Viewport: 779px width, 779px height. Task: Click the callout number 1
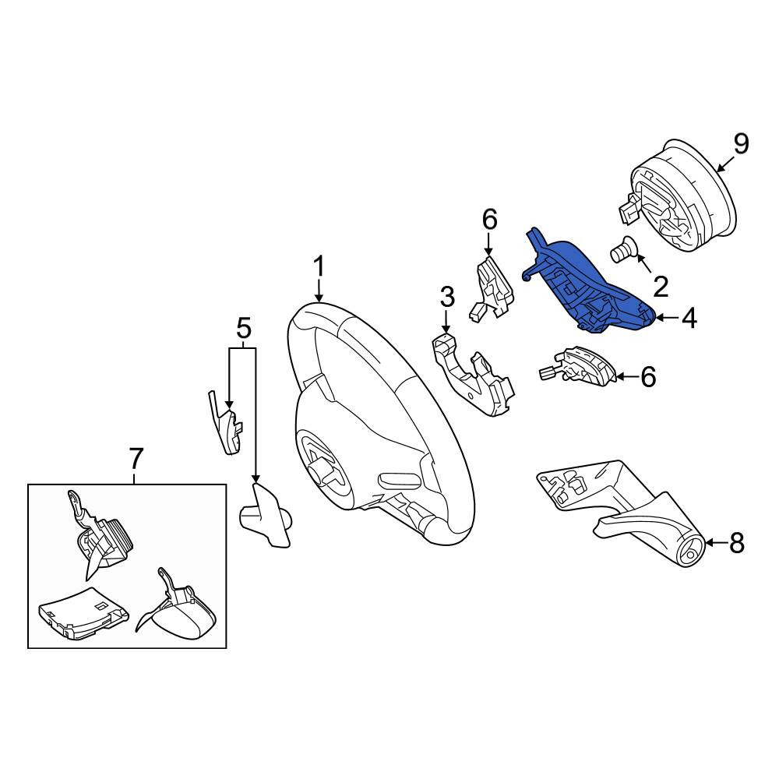point(319,267)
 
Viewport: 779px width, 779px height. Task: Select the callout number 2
point(661,287)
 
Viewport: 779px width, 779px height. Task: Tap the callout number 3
point(446,298)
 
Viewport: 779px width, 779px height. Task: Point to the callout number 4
point(689,318)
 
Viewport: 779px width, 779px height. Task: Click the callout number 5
point(243,328)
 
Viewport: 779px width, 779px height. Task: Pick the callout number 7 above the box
point(135,458)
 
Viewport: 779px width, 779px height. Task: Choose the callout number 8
point(736,543)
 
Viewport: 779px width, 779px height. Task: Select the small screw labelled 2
point(619,248)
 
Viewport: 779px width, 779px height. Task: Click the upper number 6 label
point(489,220)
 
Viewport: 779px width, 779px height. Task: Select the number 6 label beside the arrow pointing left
point(648,377)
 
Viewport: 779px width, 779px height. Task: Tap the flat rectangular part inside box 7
point(82,612)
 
